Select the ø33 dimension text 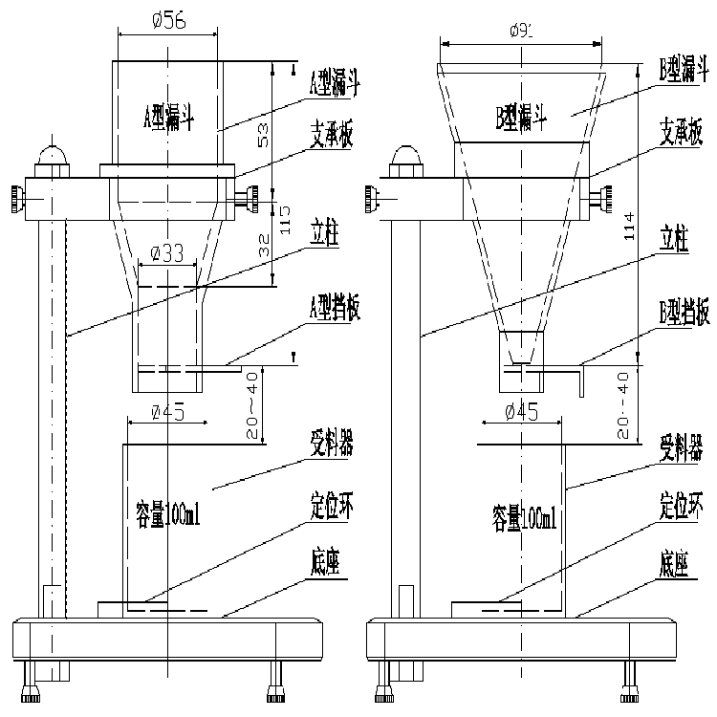coord(168,254)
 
